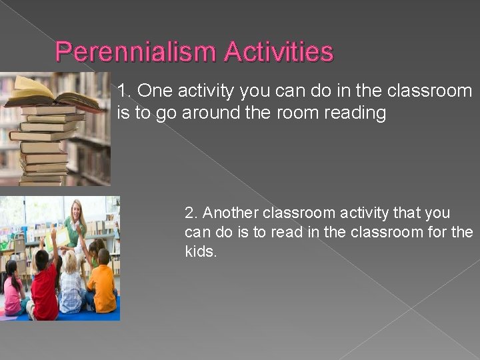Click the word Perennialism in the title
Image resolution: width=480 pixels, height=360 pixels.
click(136, 52)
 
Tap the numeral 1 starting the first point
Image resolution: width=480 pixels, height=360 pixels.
click(121, 91)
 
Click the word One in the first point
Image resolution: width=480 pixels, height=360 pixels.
click(153, 91)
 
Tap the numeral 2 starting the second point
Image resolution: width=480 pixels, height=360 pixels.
click(189, 213)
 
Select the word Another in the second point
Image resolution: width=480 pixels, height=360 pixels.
click(231, 213)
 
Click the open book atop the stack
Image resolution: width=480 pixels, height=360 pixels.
click(50, 93)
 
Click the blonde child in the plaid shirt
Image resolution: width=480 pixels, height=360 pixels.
click(71, 287)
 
